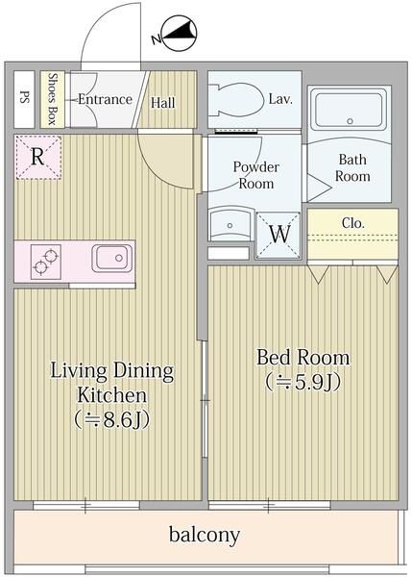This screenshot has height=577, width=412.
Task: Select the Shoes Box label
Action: (x=53, y=99)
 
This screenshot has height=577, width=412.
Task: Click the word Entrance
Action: (x=106, y=99)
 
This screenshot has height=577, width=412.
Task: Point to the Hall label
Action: (x=163, y=102)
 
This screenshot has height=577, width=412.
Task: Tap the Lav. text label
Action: (x=281, y=98)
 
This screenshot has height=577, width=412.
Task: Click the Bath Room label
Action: (x=352, y=168)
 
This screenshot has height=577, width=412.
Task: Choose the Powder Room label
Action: (x=255, y=174)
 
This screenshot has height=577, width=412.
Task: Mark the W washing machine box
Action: (x=279, y=234)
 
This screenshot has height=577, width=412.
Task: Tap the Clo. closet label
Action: (x=352, y=223)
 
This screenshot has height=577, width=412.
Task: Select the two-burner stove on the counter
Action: (x=45, y=260)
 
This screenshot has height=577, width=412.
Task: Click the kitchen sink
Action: (x=110, y=259)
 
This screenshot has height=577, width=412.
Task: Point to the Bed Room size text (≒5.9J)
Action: (x=303, y=381)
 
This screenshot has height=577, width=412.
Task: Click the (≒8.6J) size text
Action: (x=112, y=419)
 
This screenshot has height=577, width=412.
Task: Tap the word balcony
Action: (x=204, y=535)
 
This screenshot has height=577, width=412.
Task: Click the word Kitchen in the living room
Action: (x=112, y=394)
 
